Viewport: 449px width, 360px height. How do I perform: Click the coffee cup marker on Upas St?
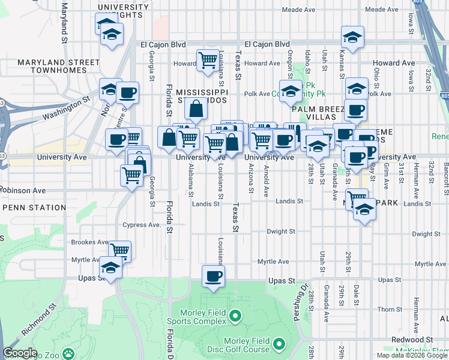(x=213, y=277)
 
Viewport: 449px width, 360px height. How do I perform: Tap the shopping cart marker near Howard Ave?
(x=207, y=60)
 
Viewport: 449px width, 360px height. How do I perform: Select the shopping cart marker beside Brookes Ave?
(x=119, y=251)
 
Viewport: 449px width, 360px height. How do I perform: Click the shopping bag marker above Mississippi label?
(x=196, y=110)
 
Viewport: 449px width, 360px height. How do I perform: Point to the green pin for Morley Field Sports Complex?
(x=235, y=315)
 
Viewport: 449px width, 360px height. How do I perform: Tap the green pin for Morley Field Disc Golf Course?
(x=279, y=344)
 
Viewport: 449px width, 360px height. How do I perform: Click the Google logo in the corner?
(x=20, y=353)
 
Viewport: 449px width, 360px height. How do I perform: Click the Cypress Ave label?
(x=142, y=225)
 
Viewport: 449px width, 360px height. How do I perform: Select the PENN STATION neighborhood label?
(x=34, y=208)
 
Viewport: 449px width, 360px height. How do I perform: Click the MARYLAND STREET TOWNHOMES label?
(x=58, y=66)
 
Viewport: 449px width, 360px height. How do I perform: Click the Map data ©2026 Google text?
(x=412, y=355)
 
